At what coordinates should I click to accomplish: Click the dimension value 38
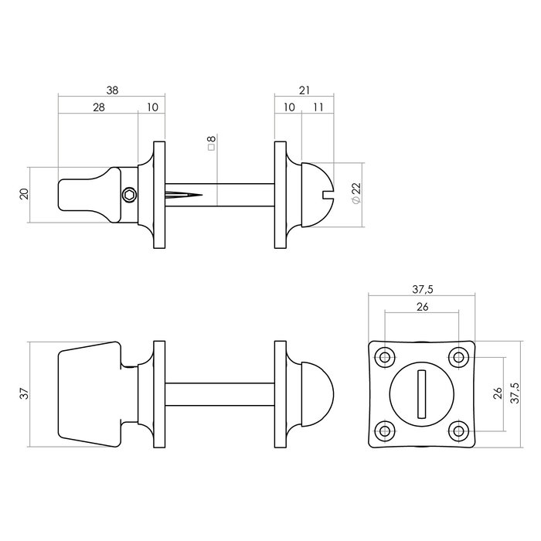(113, 90)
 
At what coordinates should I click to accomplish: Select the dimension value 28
(99, 108)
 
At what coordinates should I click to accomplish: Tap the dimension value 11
(317, 108)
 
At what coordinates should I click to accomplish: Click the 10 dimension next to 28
(151, 108)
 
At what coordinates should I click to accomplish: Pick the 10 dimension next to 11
(288, 108)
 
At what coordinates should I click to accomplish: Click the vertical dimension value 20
(23, 194)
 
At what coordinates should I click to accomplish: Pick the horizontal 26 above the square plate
(421, 307)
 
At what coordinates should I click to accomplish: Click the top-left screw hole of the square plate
(384, 356)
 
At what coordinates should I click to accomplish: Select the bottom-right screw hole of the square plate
(459, 430)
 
